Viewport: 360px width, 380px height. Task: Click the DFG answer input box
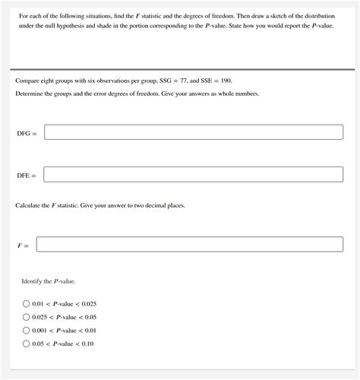click(194, 132)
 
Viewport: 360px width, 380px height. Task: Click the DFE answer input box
click(194, 175)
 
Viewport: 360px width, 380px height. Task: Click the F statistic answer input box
click(190, 245)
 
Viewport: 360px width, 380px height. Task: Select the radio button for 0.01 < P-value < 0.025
click(26, 303)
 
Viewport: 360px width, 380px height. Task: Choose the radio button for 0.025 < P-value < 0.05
click(26, 317)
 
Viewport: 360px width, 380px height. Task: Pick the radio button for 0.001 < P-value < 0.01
click(26, 331)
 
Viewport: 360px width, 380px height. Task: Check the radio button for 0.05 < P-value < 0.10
click(26, 344)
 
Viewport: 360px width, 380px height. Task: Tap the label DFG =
click(27, 133)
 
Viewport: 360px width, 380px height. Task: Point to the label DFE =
click(27, 176)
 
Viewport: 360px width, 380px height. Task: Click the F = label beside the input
click(23, 245)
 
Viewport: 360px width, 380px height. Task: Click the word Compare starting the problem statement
click(28, 80)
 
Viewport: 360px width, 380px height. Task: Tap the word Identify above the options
click(33, 281)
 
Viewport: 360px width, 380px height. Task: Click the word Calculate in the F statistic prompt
click(30, 205)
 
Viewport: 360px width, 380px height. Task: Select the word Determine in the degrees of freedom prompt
click(31, 93)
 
